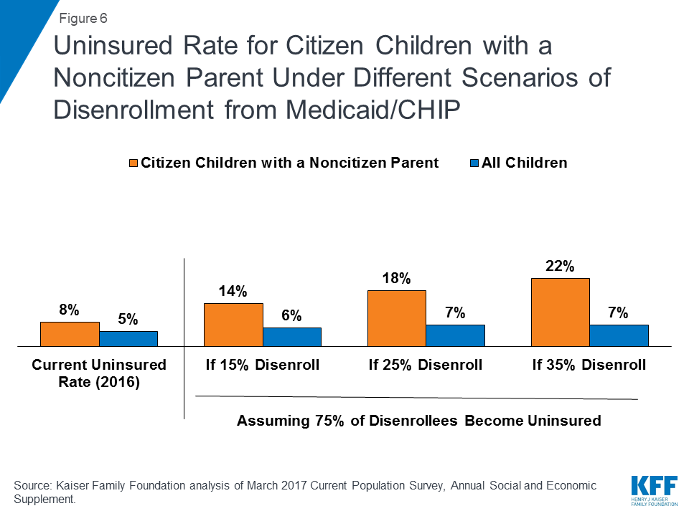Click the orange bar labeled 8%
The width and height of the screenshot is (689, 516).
[70, 335]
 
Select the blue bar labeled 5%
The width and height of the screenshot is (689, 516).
[128, 339]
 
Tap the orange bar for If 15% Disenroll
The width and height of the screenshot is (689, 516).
[233, 325]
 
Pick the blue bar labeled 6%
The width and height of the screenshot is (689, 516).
[292, 337]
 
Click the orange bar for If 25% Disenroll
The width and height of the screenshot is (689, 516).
[397, 318]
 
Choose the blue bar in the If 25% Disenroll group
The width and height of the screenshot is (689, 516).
[455, 335]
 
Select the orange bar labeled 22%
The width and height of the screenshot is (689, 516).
[561, 312]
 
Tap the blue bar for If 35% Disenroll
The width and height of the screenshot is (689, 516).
[619, 335]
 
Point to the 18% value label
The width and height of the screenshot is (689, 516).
[396, 278]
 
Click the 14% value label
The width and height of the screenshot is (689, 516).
[233, 291]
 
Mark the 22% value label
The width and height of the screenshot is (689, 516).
[560, 266]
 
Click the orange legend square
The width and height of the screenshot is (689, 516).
[133, 163]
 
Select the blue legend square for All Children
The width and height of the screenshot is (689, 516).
[474, 163]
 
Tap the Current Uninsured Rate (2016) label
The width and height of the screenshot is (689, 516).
[99, 373]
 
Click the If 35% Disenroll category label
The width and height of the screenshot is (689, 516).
[589, 365]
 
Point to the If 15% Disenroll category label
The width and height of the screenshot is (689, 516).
[263, 365]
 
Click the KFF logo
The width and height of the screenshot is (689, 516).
[655, 490]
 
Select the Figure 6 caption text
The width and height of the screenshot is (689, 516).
[83, 19]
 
